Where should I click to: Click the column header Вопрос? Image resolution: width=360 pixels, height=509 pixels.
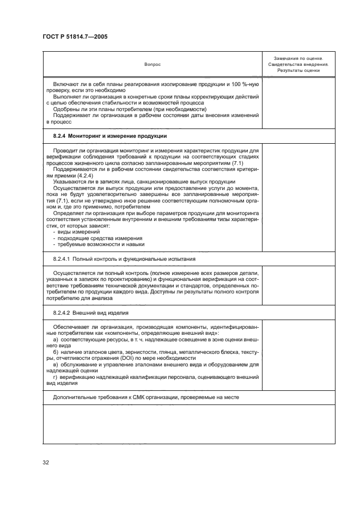click(x=152, y=64)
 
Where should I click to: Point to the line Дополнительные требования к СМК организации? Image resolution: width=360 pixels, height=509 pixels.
click(x=145, y=397)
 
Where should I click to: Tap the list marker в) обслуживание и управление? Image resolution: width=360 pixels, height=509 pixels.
click(x=56, y=365)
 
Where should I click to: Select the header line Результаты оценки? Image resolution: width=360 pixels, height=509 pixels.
click(x=298, y=70)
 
